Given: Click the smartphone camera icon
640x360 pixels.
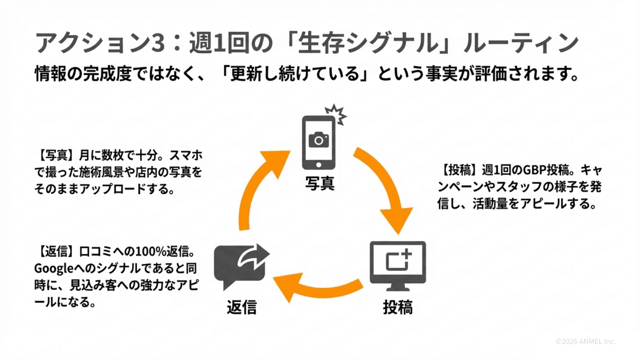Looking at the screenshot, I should [319, 141].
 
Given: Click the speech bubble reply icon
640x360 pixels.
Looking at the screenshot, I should [240, 265].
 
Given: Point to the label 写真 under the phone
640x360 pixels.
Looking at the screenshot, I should [319, 184].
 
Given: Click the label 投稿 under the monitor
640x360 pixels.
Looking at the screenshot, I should [398, 307].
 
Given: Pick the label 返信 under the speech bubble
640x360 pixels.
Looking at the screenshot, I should [241, 307].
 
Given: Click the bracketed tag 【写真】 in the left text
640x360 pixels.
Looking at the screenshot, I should [55, 156].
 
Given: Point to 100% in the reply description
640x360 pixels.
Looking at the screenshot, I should [140, 250].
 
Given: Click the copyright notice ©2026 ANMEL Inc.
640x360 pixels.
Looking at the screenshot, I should [585, 341].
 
